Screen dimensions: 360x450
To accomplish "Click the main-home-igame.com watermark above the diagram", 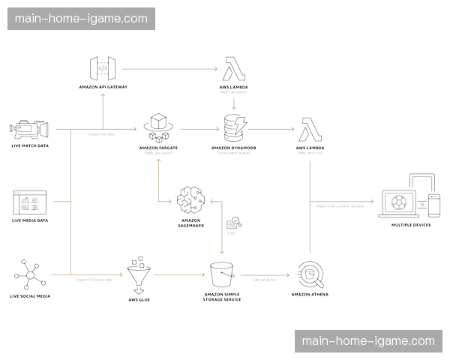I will click(x=81, y=18).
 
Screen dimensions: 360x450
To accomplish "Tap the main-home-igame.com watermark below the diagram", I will click(x=368, y=341).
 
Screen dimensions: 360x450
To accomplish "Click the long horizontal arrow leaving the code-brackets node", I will click(x=168, y=69).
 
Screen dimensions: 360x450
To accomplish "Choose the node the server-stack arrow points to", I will click(x=309, y=133).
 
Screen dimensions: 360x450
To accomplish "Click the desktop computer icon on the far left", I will click(x=29, y=131).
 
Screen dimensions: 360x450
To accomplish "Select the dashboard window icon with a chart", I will click(x=30, y=203).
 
